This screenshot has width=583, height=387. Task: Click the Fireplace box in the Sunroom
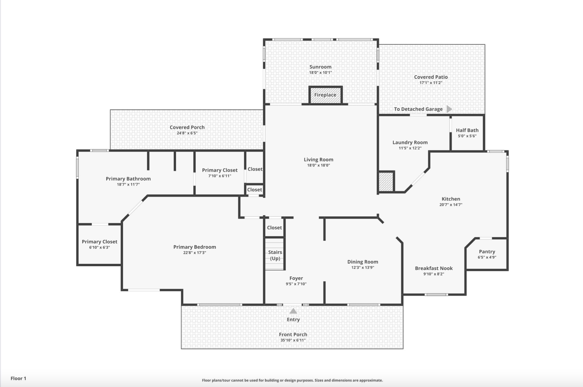(x=325, y=95)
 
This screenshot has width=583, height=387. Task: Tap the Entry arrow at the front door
(x=293, y=311)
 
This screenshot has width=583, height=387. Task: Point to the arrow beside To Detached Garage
(x=449, y=109)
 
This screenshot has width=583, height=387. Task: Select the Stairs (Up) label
(x=275, y=255)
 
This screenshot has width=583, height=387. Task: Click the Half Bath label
(x=467, y=130)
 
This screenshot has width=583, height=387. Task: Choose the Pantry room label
(x=487, y=252)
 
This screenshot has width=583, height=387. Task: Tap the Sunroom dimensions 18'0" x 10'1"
(x=320, y=73)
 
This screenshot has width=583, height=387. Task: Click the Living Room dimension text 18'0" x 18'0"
(x=318, y=165)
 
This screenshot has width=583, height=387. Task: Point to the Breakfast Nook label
(x=434, y=268)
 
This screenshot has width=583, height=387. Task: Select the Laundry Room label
(x=410, y=142)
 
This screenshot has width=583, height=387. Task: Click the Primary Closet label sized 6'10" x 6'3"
(x=100, y=242)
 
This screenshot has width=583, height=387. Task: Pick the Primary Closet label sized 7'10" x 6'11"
(x=220, y=170)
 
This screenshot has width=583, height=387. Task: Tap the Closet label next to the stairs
(x=274, y=228)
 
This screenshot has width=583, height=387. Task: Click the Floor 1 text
(x=18, y=378)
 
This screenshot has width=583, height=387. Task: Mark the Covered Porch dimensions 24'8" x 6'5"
(x=187, y=133)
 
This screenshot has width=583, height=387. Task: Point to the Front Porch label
(x=293, y=334)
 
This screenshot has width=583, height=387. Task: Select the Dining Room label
(x=363, y=262)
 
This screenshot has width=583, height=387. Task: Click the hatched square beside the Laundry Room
(x=386, y=182)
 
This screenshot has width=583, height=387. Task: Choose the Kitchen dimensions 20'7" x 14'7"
(x=451, y=205)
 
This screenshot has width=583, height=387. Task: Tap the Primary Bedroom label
(x=195, y=247)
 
